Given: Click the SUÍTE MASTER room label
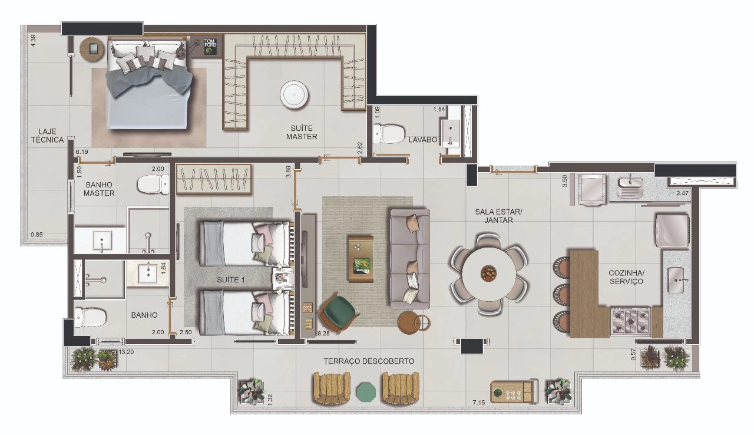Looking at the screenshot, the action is pyautogui.click(x=302, y=132).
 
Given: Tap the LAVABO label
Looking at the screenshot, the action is pyautogui.click(x=423, y=140).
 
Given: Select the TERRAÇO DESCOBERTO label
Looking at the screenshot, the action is pyautogui.click(x=369, y=361).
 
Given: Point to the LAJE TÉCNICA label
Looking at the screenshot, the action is pyautogui.click(x=48, y=136).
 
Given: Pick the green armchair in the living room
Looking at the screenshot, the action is pyautogui.click(x=338, y=312).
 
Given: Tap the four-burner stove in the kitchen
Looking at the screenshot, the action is pyautogui.click(x=630, y=321).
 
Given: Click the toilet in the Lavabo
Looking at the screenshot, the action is pyautogui.click(x=389, y=134).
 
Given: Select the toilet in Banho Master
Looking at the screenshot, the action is pyautogui.click(x=153, y=184).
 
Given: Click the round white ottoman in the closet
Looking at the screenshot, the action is pyautogui.click(x=294, y=95).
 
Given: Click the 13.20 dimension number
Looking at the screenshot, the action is pyautogui.click(x=126, y=352).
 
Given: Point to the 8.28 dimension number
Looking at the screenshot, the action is pyautogui.click(x=323, y=333).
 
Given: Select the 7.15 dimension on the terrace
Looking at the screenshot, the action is pyautogui.click(x=479, y=403).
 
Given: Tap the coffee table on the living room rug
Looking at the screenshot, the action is pyautogui.click(x=361, y=259).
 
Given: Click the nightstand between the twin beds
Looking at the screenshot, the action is pyautogui.click(x=282, y=278).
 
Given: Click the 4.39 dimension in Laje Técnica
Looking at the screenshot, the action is pyautogui.click(x=33, y=41).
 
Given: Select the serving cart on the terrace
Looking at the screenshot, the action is pyautogui.click(x=514, y=391).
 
